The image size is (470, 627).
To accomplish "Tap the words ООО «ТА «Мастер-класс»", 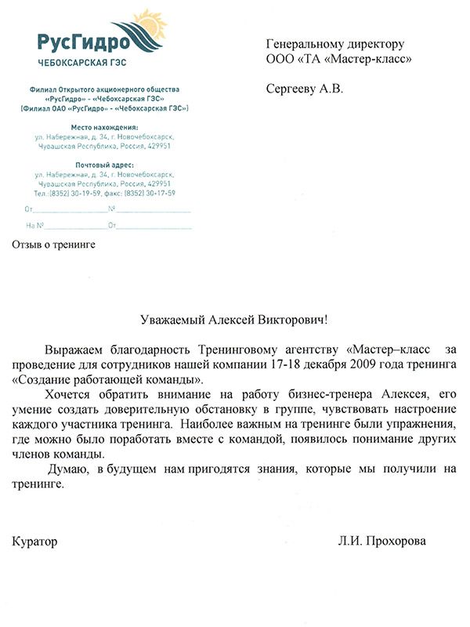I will point(339,58).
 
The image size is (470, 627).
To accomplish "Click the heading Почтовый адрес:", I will point(104,165).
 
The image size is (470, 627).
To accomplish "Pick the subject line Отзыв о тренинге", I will point(53,245).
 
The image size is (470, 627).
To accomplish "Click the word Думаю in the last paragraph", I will point(67,469).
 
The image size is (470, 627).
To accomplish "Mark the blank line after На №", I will point(74,227).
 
